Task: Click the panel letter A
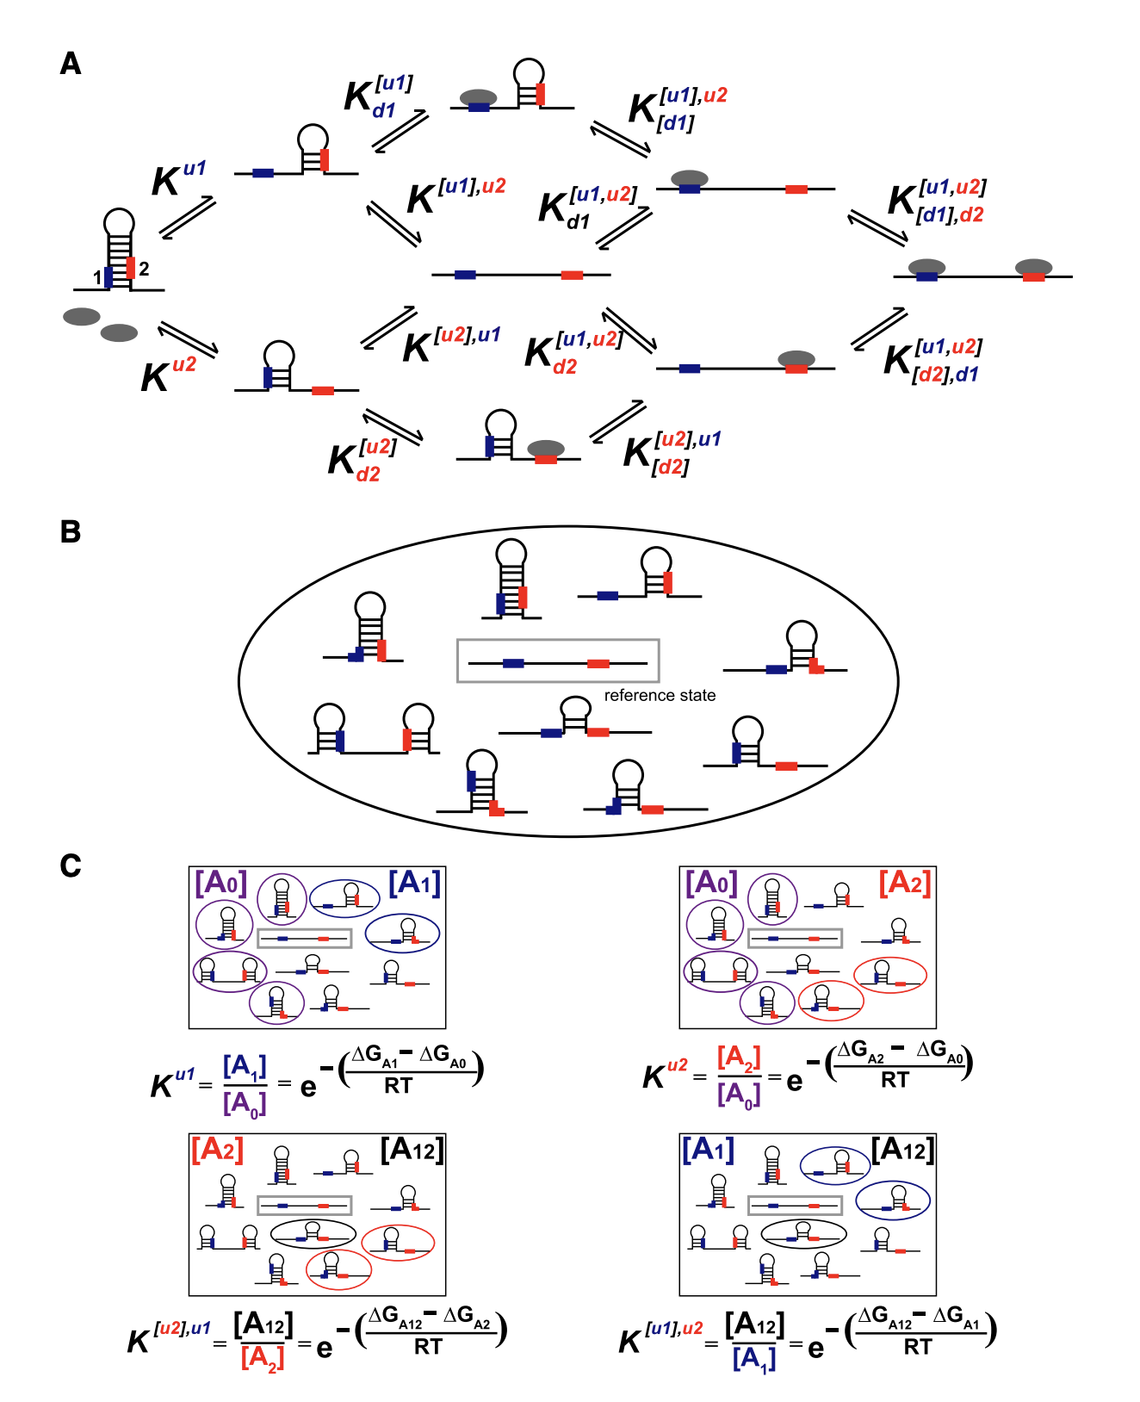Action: tap(71, 64)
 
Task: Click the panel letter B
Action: tap(71, 531)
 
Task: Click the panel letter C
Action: tap(71, 865)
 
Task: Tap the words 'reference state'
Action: tap(660, 695)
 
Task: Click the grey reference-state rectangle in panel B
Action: tap(558, 661)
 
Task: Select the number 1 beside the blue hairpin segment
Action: tap(97, 277)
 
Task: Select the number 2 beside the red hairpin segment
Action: tap(144, 269)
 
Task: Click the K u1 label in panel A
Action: tap(178, 178)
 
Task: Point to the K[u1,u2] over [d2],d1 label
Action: tap(932, 360)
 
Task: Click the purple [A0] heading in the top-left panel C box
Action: tap(221, 883)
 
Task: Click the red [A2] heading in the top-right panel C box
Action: tap(905, 883)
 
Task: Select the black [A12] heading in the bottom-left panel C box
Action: tap(412, 1150)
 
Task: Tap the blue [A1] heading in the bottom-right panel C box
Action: tap(708, 1150)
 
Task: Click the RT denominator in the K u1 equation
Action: tap(398, 1086)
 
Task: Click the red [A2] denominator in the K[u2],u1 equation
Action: tap(263, 1357)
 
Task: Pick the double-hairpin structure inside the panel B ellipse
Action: tap(373, 730)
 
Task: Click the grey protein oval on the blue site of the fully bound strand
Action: tap(926, 267)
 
